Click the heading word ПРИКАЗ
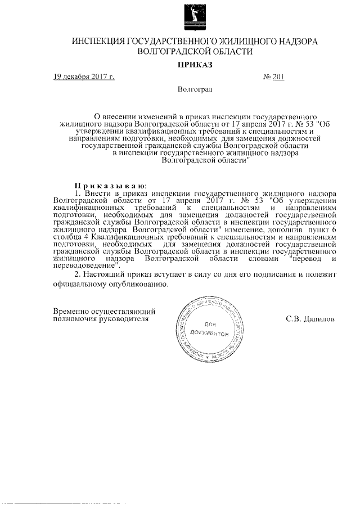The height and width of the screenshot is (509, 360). [194, 65]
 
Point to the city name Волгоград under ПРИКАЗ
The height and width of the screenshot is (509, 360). [195, 89]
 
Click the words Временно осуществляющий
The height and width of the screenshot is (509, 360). [104, 310]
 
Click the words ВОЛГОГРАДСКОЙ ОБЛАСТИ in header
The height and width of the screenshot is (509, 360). [195, 51]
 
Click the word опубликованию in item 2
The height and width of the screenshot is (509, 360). [139, 284]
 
